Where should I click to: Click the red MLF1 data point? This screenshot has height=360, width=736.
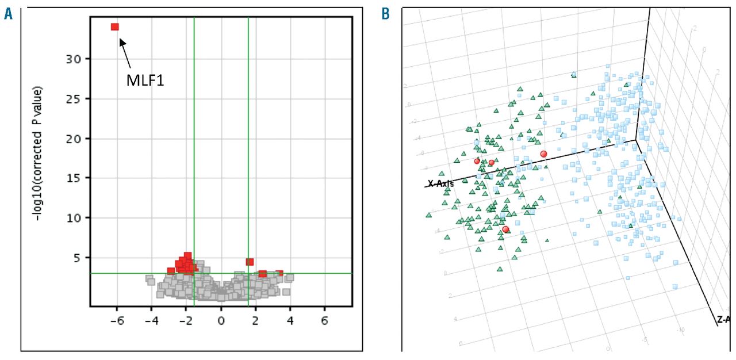click(x=115, y=27)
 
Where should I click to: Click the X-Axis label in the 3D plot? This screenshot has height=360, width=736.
click(x=440, y=184)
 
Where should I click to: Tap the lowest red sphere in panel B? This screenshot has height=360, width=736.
click(x=505, y=229)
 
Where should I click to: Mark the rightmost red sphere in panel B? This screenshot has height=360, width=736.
click(x=543, y=154)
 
